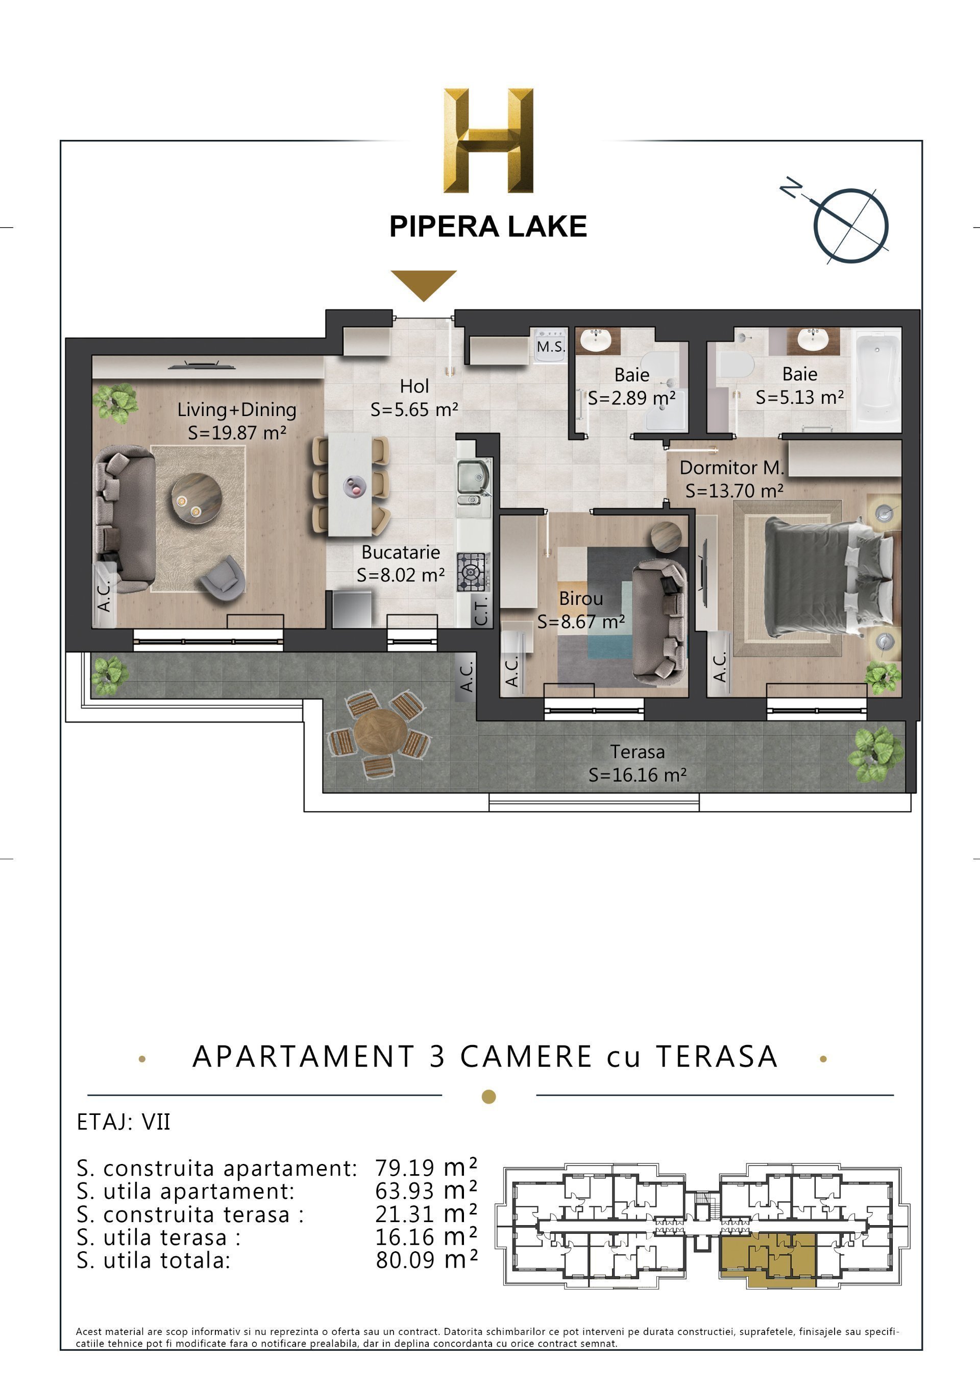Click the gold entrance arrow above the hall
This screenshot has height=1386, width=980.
point(424,284)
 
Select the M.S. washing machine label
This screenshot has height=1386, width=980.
point(550,347)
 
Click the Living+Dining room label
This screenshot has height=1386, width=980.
point(236,410)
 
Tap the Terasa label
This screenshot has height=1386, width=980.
point(636,751)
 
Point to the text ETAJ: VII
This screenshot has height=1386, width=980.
point(124,1122)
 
